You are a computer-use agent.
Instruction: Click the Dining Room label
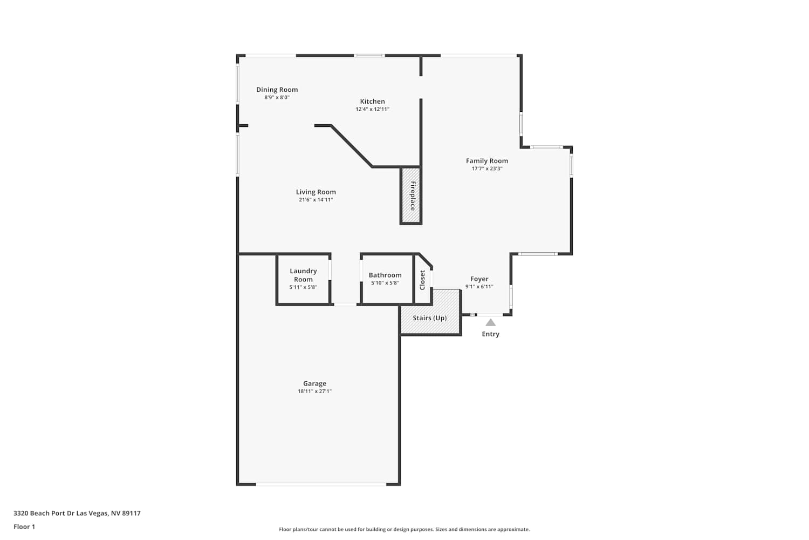[277, 90]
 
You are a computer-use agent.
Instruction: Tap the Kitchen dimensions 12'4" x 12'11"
[372, 109]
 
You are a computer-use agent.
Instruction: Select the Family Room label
[487, 161]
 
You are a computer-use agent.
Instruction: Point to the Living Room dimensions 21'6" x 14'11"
[316, 200]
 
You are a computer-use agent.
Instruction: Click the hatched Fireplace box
[411, 195]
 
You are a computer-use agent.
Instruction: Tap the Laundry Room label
[303, 275]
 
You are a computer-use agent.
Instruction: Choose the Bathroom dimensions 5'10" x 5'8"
[385, 283]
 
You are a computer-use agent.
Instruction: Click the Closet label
[422, 280]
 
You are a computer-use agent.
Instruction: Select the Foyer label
[479, 279]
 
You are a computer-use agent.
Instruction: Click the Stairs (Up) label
[430, 318]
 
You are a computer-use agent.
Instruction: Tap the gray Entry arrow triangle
[490, 322]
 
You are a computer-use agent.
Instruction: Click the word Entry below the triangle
[490, 334]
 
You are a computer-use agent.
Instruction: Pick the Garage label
[314, 383]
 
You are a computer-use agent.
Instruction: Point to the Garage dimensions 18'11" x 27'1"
[314, 391]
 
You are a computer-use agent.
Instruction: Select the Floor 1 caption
[24, 526]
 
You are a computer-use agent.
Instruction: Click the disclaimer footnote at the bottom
[404, 529]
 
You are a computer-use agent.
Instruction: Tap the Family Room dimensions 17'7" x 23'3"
[487, 168]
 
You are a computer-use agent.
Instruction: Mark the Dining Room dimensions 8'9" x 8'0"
[277, 97]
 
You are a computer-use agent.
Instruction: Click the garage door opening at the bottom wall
[321, 484]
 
